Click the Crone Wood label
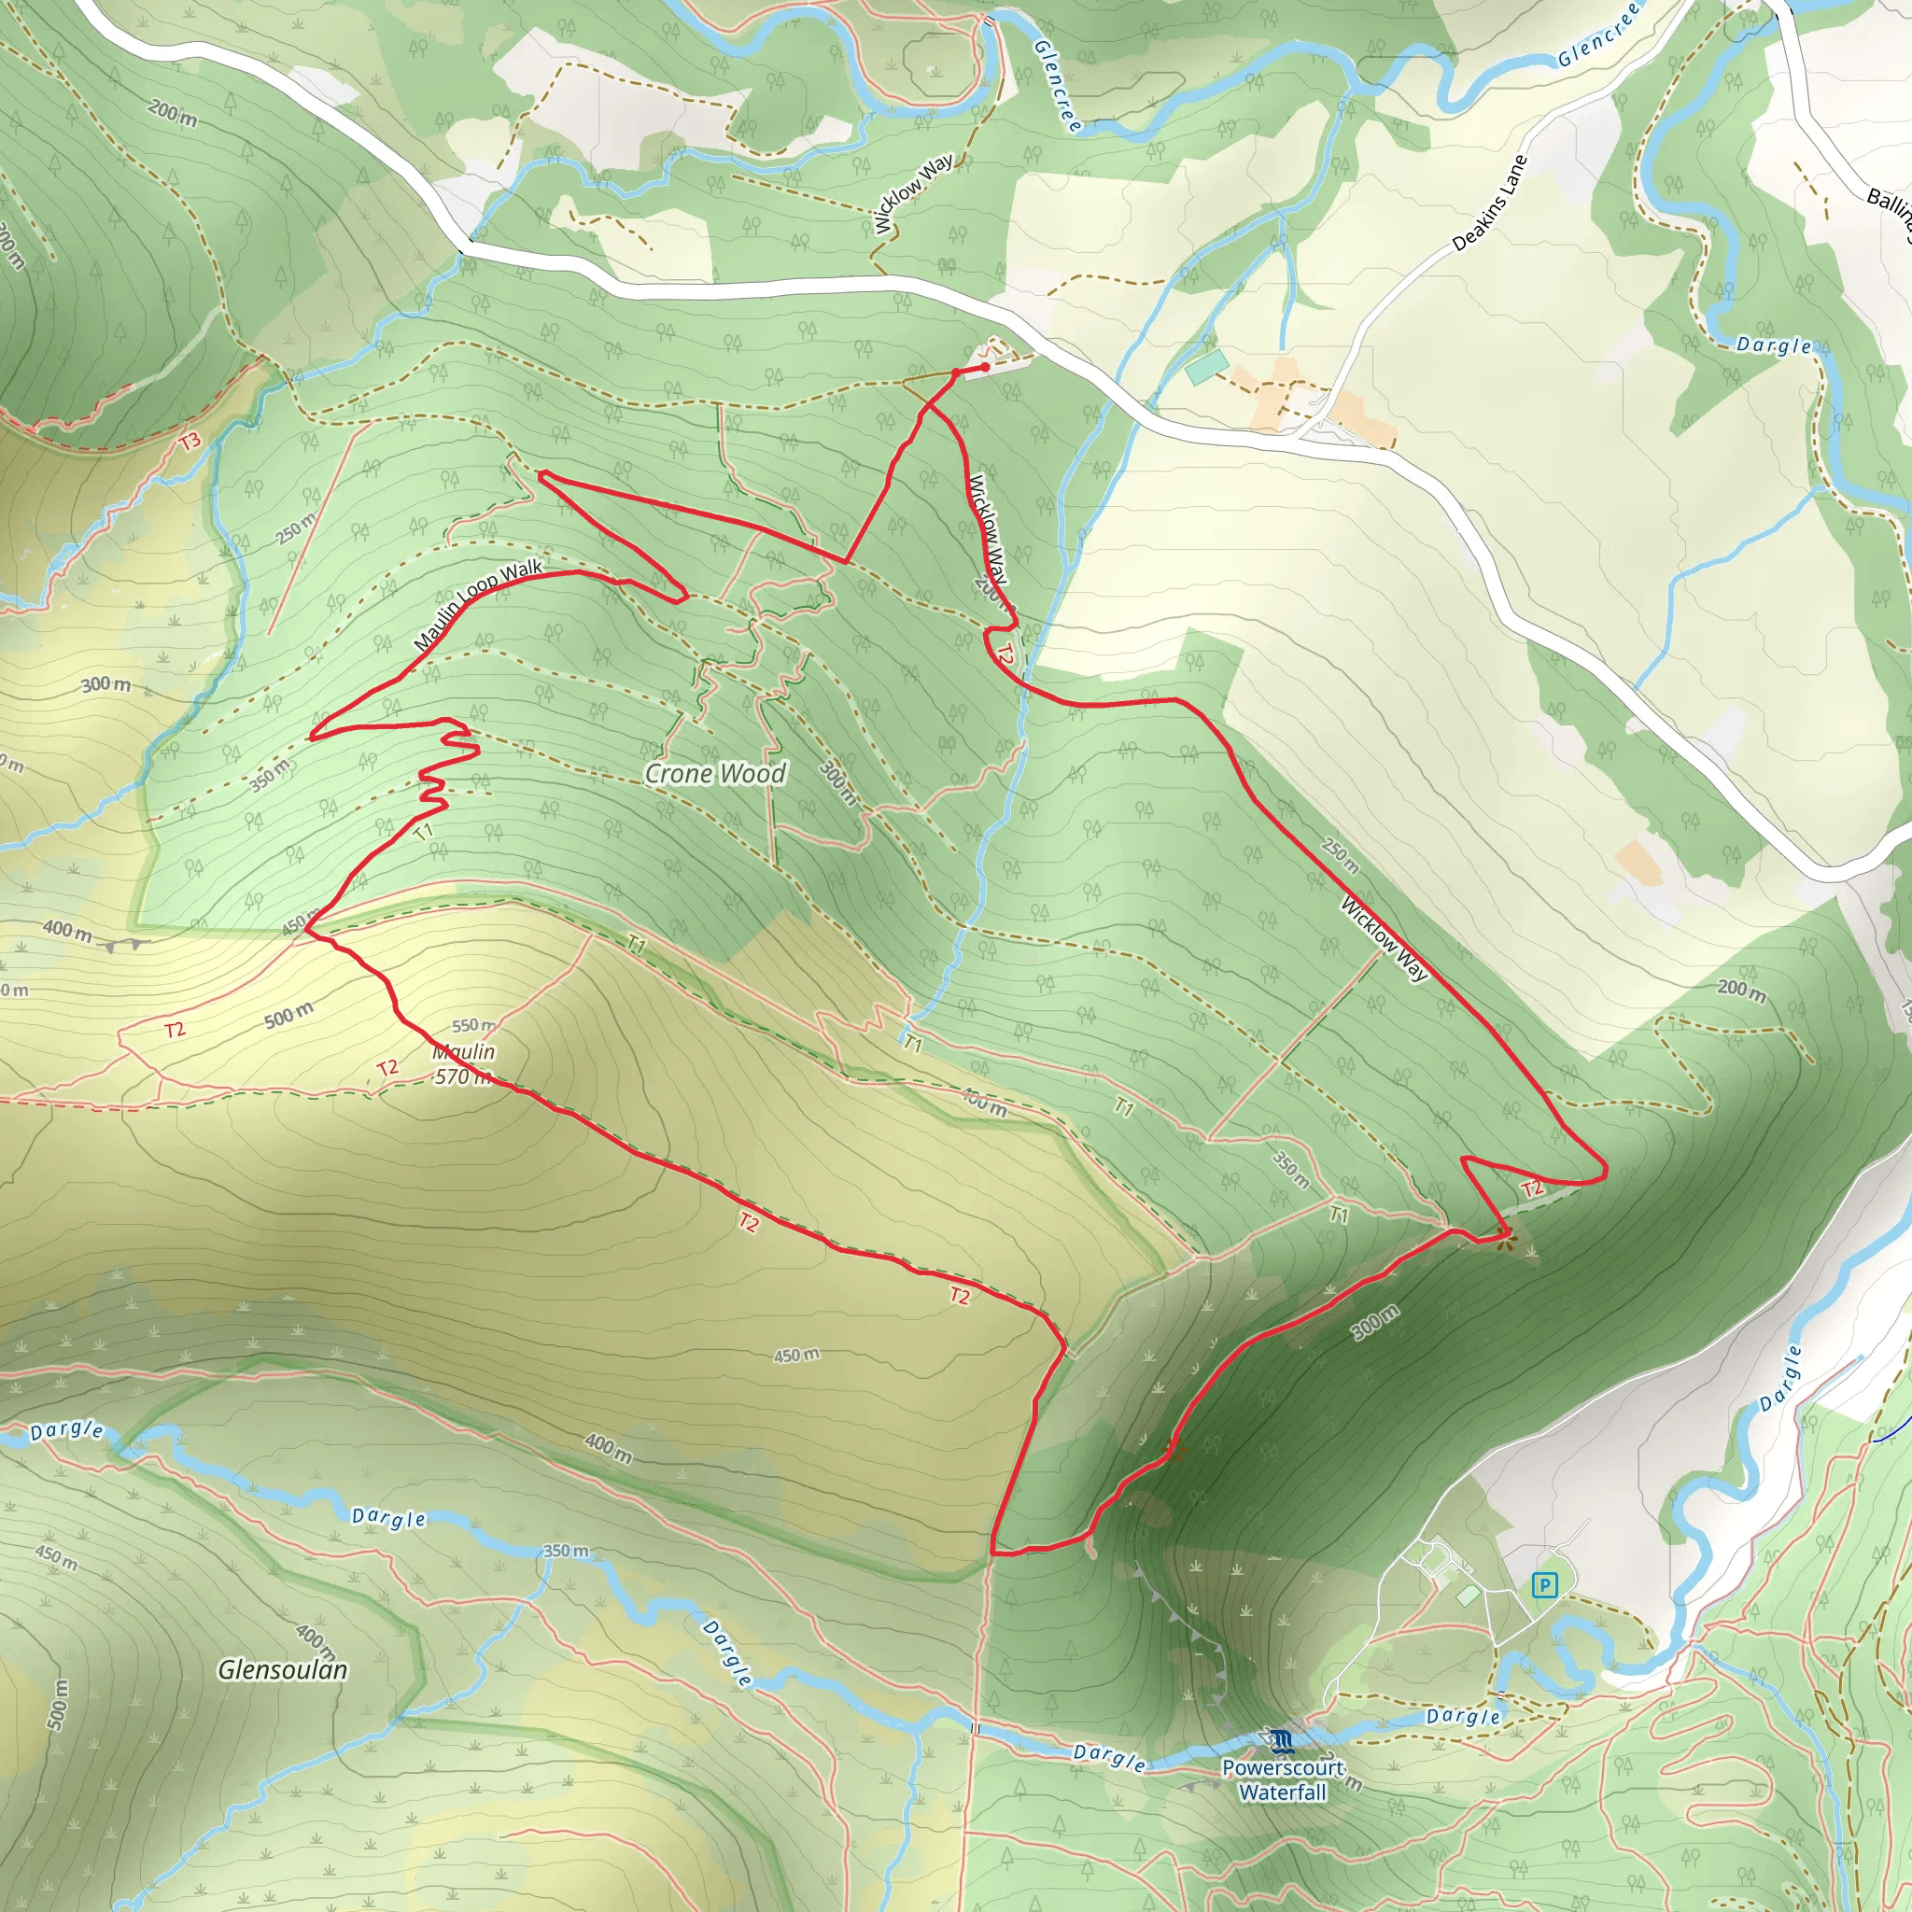tap(715, 773)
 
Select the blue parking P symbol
tap(1543, 1585)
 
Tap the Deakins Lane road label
tap(1489, 202)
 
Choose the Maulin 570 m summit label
tap(463, 1064)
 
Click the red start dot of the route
tap(985, 367)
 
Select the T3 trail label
tap(190, 441)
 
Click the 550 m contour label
tap(474, 1025)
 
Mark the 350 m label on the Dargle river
tap(566, 1551)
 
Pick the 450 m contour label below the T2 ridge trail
tap(796, 1355)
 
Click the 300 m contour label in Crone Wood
tap(837, 780)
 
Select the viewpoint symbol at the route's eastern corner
tap(1504, 1237)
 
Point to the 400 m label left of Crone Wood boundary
tap(67, 930)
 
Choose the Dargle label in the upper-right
tap(1775, 345)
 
